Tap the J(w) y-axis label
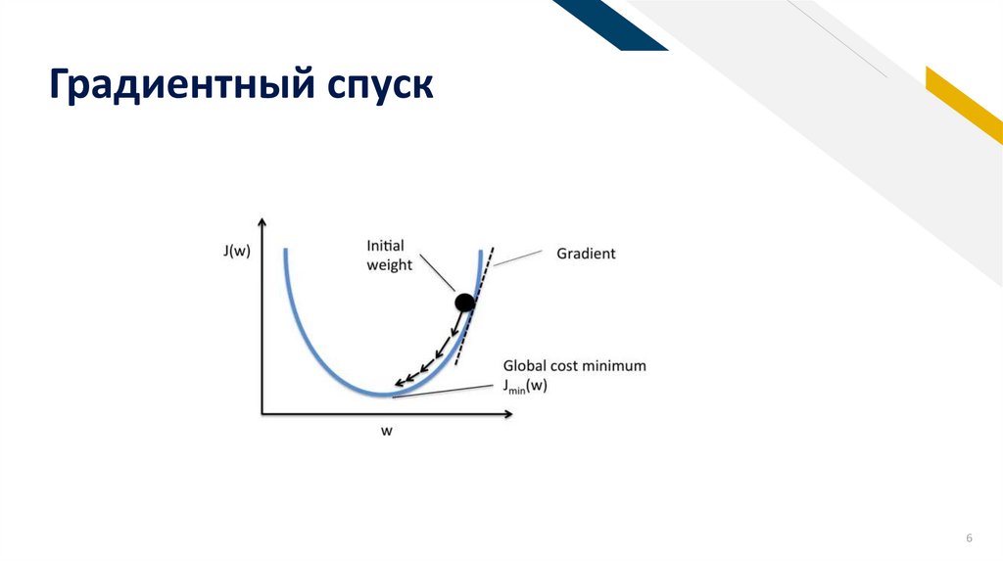[x=235, y=252]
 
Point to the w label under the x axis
[x=387, y=432]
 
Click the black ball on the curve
[x=464, y=304]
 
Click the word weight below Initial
[x=389, y=265]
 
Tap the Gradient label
[x=586, y=254]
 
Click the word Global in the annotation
[x=526, y=365]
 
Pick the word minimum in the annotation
[x=616, y=365]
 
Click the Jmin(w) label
[x=525, y=386]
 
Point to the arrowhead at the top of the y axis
[x=263, y=223]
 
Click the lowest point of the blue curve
[x=380, y=395]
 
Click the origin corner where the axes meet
[x=263, y=414]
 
